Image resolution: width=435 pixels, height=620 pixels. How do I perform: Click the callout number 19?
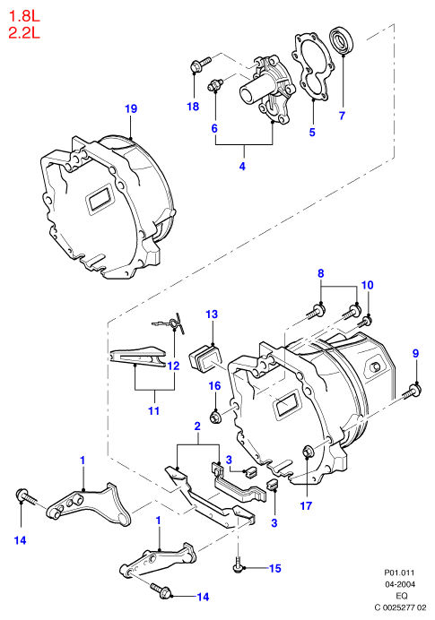pyautogui.click(x=131, y=108)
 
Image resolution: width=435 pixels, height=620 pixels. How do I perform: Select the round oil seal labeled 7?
pyautogui.click(x=341, y=39)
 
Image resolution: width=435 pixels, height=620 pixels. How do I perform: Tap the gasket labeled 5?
pyautogui.click(x=312, y=65)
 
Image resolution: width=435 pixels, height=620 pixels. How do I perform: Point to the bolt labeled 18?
pyautogui.click(x=200, y=65)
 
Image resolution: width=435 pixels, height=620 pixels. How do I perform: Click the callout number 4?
pyautogui.click(x=242, y=166)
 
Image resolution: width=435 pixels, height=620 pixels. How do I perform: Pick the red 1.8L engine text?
pyautogui.click(x=24, y=16)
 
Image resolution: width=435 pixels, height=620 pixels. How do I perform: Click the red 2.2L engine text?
pyautogui.click(x=24, y=32)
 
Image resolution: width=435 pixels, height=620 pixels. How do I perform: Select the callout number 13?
pyautogui.click(x=212, y=314)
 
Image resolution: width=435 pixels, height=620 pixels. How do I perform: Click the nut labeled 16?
pyautogui.click(x=215, y=417)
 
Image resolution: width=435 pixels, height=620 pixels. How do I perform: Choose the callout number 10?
pyautogui.click(x=368, y=285)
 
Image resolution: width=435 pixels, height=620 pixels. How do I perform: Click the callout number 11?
pyautogui.click(x=153, y=411)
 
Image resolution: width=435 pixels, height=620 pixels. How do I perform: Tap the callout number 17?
pyautogui.click(x=306, y=505)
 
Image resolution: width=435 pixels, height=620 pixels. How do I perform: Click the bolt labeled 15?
pyautogui.click(x=239, y=564)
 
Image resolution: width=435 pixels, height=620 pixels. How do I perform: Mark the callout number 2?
pyautogui.click(x=197, y=426)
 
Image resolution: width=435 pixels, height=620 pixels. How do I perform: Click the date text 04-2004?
pyautogui.click(x=400, y=584)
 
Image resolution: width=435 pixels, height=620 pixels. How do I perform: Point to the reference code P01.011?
pyautogui.click(x=400, y=573)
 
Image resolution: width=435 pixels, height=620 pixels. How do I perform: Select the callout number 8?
pyautogui.click(x=320, y=273)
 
